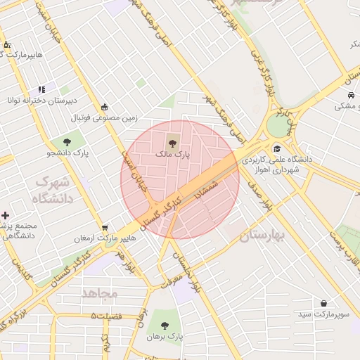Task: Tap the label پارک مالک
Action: [173, 153]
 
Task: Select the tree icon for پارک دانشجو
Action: [67, 142]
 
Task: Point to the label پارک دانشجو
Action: [67, 153]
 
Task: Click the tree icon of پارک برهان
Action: [165, 326]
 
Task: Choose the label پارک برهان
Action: [165, 337]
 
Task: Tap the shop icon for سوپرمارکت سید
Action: [323, 304]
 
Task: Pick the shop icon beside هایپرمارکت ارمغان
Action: [105, 227]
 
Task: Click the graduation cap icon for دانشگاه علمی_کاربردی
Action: [277, 148]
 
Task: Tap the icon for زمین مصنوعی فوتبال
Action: [105, 107]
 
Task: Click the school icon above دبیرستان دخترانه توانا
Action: [41, 89]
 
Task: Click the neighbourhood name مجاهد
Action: [99, 293]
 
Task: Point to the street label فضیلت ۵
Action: [106, 316]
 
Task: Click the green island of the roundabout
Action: [278, 126]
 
